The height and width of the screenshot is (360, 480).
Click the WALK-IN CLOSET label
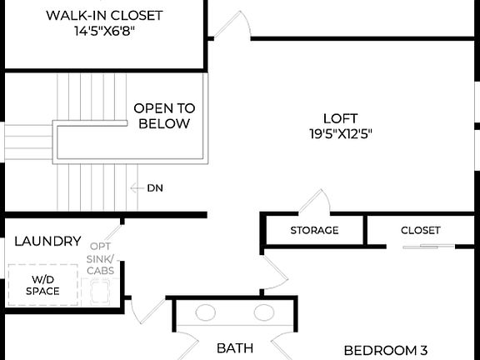coord(104,16)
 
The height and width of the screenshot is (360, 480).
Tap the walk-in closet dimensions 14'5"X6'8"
coord(104,31)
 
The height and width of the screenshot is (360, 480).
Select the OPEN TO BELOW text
coord(164,116)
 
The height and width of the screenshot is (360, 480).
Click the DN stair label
coord(155,188)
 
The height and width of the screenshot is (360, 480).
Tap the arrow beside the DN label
coord(137,188)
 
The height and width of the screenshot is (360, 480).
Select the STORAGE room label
coord(314,231)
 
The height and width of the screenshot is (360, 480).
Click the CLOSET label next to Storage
coord(421,231)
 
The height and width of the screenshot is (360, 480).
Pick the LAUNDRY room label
coord(48,242)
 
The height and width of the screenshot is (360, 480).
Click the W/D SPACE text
coord(42,285)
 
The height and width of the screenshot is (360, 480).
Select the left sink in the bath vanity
coord(205,313)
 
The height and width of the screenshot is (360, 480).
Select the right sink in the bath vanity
coord(264,313)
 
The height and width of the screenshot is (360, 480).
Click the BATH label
coord(235,348)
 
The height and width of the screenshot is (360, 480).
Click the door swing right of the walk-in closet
coord(228,25)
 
